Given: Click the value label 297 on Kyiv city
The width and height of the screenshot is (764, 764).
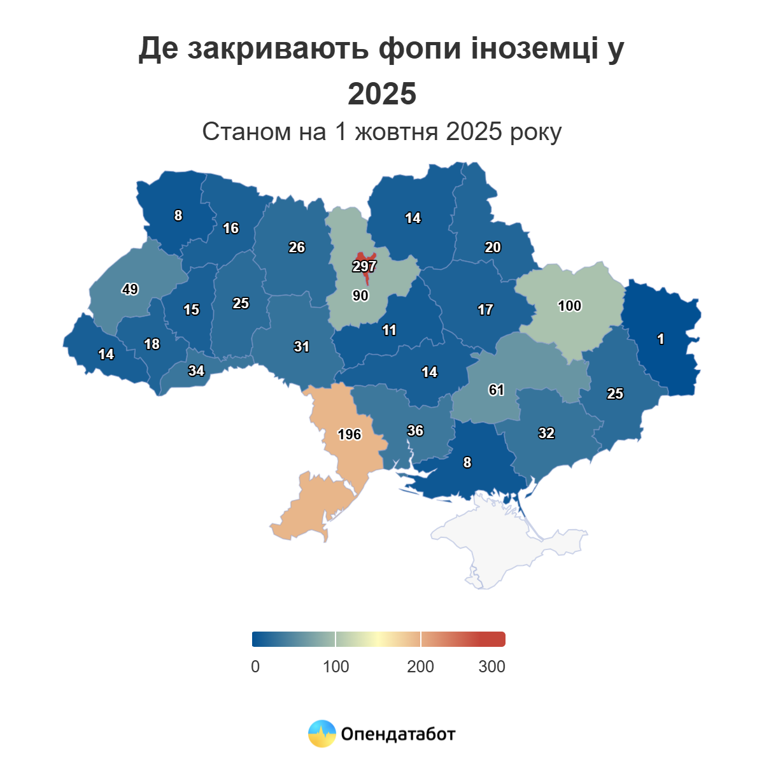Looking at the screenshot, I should click(365, 266).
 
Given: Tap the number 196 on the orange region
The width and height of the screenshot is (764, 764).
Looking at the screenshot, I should click(349, 434).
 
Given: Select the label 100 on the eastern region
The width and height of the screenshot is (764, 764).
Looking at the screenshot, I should click(569, 306).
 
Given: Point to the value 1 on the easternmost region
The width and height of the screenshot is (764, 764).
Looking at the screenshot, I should click(661, 339).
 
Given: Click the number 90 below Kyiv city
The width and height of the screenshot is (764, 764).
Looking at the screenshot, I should click(360, 295).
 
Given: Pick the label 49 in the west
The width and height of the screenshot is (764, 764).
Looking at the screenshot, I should click(130, 290).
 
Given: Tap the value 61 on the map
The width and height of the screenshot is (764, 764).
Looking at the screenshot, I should click(497, 390).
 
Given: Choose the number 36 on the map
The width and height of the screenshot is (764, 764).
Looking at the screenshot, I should click(415, 431).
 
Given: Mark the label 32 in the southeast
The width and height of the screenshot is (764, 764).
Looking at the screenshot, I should click(546, 433).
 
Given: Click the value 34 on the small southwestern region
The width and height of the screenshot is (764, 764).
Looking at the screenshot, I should click(196, 371).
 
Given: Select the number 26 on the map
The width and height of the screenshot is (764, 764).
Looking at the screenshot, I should click(297, 247).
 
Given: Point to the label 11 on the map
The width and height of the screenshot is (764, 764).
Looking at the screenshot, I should click(389, 330).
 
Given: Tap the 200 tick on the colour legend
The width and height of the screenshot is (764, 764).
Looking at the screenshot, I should click(420, 667).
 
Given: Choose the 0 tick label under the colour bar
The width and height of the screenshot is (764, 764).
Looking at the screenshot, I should click(255, 667).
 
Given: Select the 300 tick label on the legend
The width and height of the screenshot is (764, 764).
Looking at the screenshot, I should click(492, 667).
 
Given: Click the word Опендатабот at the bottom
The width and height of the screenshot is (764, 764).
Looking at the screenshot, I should click(398, 734).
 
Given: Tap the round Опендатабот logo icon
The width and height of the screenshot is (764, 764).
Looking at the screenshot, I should click(322, 733).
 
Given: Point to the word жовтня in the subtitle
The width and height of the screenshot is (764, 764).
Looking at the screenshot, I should click(396, 132).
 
